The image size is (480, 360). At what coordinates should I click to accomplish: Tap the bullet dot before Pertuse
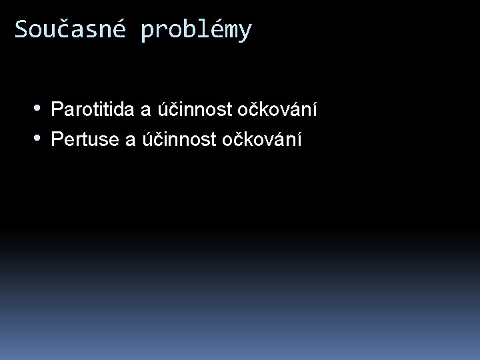(x=39, y=139)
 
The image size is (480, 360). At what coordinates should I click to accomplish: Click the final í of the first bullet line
(x=313, y=108)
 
